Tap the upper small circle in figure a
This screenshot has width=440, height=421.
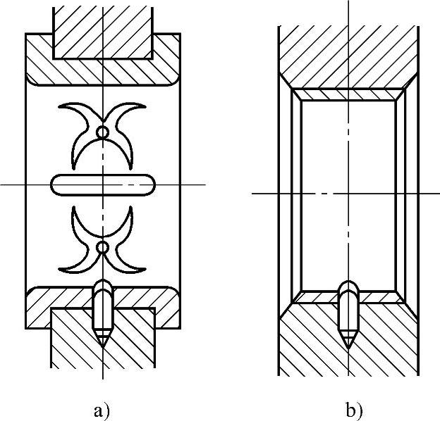tap(103, 132)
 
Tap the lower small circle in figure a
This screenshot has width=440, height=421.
tap(103, 247)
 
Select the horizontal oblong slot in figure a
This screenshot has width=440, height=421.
tap(103, 184)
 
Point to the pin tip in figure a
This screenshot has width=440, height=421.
tap(103, 342)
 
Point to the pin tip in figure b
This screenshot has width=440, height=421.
tap(348, 342)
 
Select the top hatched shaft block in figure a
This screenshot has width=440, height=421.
tap(103, 32)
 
